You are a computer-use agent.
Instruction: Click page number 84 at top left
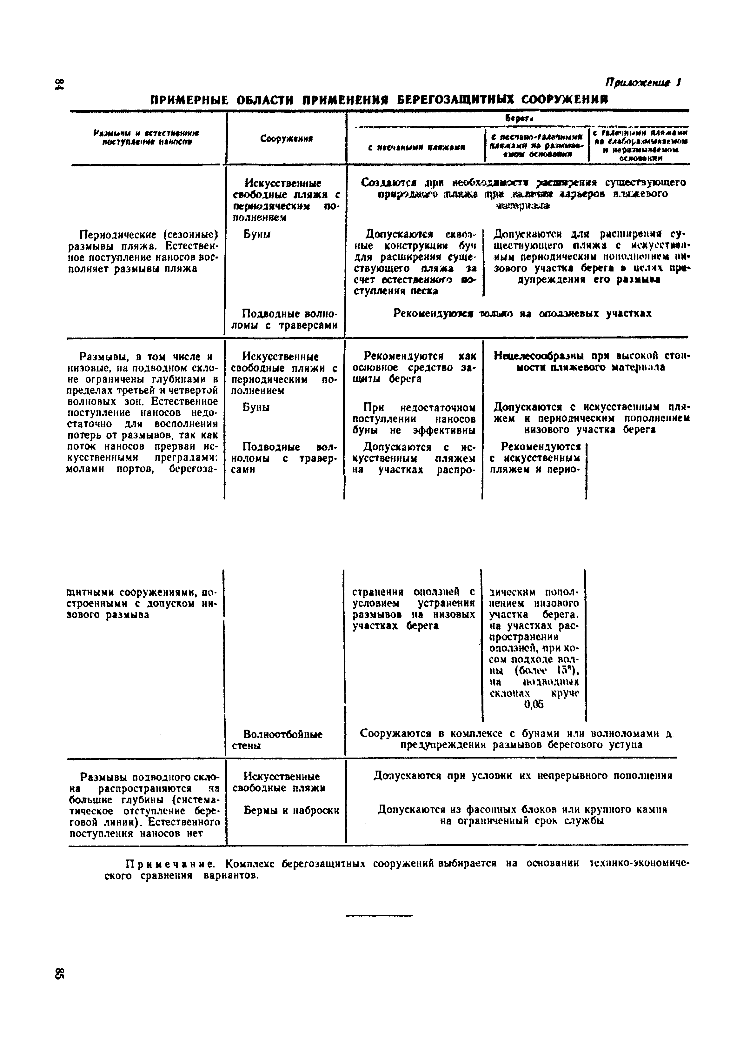(59, 85)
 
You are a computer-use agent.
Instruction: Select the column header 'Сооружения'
(286, 138)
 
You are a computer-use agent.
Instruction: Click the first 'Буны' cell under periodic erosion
(257, 234)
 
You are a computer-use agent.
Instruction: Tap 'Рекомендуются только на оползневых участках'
(522, 314)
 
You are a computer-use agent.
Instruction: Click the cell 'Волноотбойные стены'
(282, 739)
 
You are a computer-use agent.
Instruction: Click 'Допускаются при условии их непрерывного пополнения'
(522, 776)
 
